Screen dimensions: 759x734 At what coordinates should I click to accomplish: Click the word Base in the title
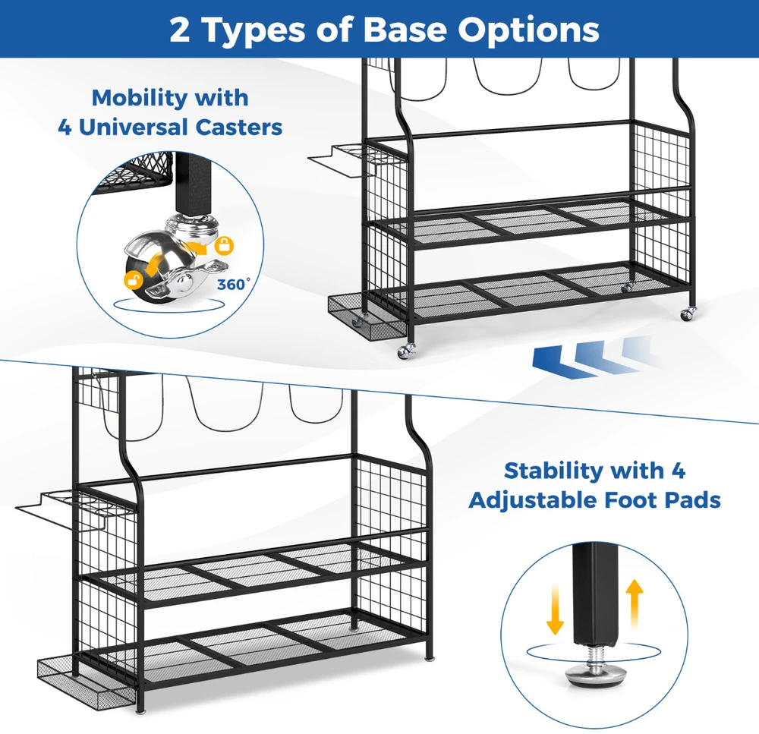[x=405, y=30]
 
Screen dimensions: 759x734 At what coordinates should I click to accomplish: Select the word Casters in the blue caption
[x=239, y=128]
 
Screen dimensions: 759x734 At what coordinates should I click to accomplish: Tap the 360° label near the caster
[x=234, y=284]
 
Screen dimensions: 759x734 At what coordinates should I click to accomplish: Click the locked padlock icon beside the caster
[x=224, y=245]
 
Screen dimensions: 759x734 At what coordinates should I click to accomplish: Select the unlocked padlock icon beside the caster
[x=133, y=280]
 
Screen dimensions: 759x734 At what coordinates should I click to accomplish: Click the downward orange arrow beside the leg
[x=555, y=610]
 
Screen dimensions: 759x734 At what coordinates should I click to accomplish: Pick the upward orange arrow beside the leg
[x=635, y=605]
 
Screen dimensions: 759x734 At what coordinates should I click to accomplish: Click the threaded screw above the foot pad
[x=595, y=654]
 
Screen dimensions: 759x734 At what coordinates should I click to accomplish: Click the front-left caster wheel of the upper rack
[x=405, y=351]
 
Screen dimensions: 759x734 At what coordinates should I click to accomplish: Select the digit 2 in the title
[x=180, y=30]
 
